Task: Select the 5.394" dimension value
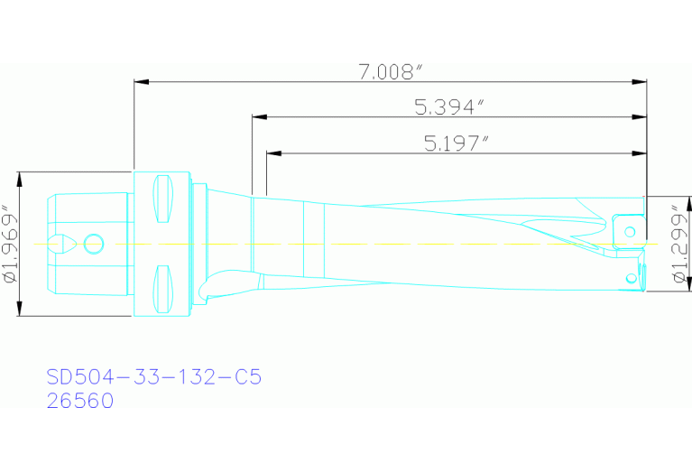(449, 107)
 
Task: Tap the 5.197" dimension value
(456, 143)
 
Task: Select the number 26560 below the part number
(80, 401)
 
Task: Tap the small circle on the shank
(93, 243)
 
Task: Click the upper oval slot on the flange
(163, 198)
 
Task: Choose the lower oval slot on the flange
(163, 287)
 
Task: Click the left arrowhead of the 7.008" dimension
(139, 83)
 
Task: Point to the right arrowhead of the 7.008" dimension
(641, 83)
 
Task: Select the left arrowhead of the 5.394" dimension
(257, 117)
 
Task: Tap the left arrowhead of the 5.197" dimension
(272, 153)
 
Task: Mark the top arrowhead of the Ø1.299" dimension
(668, 200)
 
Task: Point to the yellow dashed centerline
(361, 244)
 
